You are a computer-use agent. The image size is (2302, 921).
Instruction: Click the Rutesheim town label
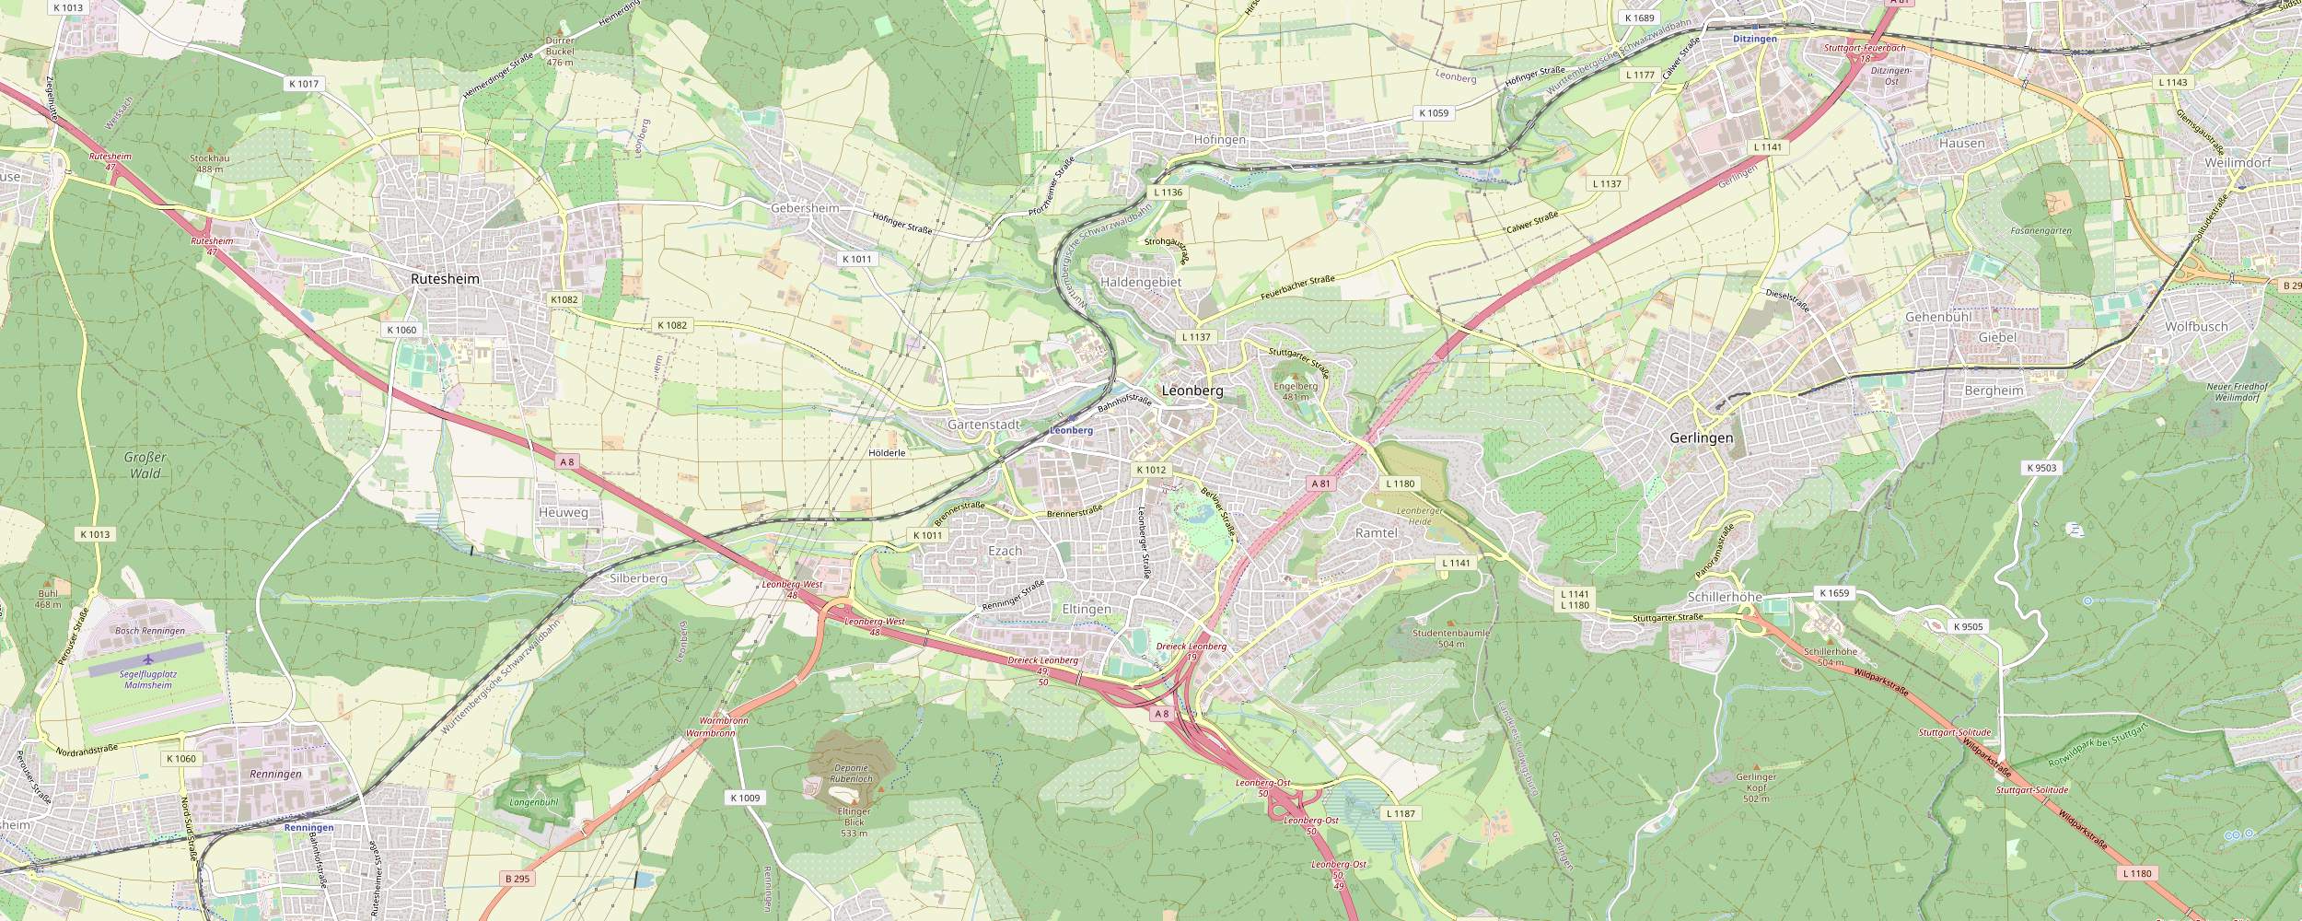pyautogui.click(x=445, y=278)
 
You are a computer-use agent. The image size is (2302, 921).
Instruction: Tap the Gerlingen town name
pyautogui.click(x=1701, y=438)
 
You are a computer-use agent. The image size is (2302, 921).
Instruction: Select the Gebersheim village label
pyautogui.click(x=804, y=208)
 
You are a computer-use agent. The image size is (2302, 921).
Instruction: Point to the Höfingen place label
pyautogui.click(x=1219, y=140)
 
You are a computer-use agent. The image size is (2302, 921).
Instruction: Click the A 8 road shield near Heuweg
pyautogui.click(x=566, y=460)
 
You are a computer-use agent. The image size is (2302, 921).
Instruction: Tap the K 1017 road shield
pyautogui.click(x=303, y=84)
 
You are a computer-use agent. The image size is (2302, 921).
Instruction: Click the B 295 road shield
pyautogui.click(x=517, y=879)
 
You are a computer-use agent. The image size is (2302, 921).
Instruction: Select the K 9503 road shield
pyautogui.click(x=2040, y=468)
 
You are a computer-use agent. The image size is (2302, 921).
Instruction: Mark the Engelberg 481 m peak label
pyautogui.click(x=1296, y=391)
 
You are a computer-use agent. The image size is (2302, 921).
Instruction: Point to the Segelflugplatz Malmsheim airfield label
pyautogui.click(x=148, y=680)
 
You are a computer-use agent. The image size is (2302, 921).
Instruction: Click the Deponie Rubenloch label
pyautogui.click(x=851, y=774)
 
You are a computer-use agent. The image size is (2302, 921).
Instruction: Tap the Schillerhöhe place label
pyautogui.click(x=1725, y=597)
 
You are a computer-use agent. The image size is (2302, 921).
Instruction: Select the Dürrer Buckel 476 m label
pyautogui.click(x=560, y=51)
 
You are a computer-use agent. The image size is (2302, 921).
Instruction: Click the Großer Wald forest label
pyautogui.click(x=145, y=465)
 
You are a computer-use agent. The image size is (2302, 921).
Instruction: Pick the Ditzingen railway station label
pyautogui.click(x=1755, y=40)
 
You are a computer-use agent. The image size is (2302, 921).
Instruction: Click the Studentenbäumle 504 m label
pyautogui.click(x=1450, y=638)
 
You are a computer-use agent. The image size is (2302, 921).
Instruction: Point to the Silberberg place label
pyautogui.click(x=638, y=578)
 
